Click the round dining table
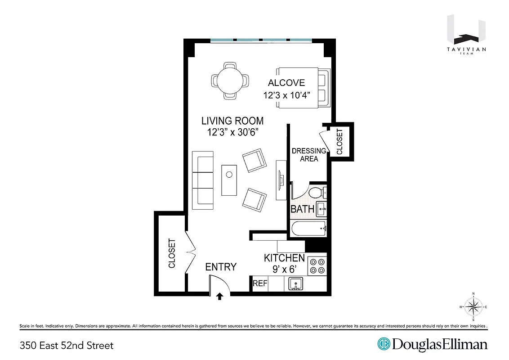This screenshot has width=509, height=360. click(x=230, y=81)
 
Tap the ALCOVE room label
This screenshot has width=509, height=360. click(x=286, y=83)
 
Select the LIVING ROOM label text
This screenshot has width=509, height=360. click(x=232, y=121)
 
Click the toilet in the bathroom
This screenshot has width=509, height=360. click(x=317, y=193)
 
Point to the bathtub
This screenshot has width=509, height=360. click(x=308, y=229)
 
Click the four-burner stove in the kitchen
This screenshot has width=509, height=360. click(x=317, y=265)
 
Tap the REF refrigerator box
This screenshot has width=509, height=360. click(x=260, y=283)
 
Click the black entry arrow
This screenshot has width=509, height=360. click(x=220, y=296)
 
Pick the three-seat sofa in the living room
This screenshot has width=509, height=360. click(x=203, y=180)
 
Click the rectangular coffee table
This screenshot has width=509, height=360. click(x=229, y=180)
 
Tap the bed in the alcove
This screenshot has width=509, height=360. click(x=304, y=88)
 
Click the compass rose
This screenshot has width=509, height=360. click(x=473, y=307)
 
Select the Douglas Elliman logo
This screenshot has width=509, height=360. click(x=432, y=345)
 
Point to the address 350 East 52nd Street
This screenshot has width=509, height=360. click(x=67, y=346)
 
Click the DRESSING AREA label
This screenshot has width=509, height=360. click(x=309, y=155)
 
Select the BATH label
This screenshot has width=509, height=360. click(x=302, y=209)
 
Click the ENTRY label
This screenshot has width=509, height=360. click(x=221, y=267)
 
